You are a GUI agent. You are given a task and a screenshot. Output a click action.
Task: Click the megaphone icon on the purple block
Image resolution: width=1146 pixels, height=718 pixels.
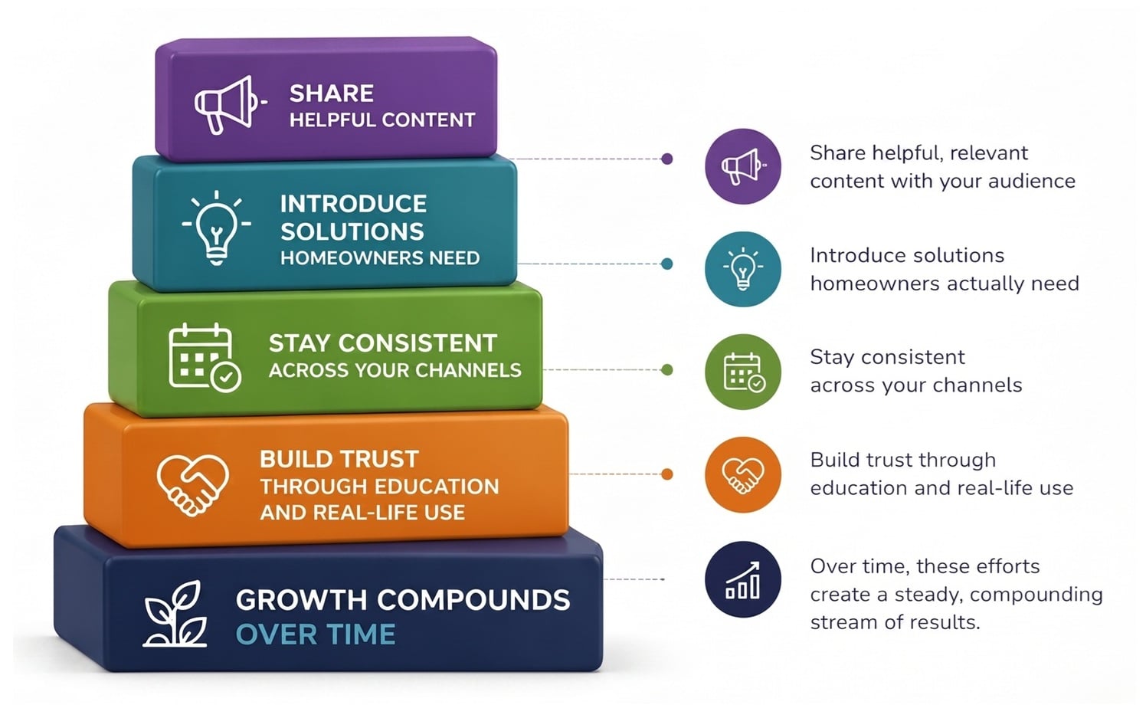(227, 104)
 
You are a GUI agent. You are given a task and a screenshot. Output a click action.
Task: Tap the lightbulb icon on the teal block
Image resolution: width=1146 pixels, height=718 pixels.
(216, 227)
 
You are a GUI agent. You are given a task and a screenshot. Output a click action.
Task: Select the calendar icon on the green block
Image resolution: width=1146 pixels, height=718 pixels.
(203, 357)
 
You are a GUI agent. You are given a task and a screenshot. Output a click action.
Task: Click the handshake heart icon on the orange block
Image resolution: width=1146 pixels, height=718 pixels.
(192, 484)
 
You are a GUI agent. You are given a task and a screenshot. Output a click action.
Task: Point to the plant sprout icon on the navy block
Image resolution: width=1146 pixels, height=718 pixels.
(176, 615)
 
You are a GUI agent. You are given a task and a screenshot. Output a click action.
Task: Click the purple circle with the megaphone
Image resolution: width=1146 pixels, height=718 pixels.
(742, 166)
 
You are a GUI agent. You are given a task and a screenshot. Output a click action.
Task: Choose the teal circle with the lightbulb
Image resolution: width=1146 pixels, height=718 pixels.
(742, 269)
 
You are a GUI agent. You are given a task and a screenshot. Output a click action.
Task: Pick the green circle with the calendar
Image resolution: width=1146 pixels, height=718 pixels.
(742, 372)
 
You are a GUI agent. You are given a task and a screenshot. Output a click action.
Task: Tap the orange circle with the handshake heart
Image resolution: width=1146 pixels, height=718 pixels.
(742, 474)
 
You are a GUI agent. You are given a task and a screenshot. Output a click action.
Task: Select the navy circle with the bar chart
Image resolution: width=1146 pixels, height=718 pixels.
(742, 579)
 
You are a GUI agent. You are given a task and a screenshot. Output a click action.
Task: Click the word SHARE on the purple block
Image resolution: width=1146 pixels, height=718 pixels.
(331, 93)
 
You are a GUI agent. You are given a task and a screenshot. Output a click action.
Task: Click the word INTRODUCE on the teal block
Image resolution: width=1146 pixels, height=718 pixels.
(353, 204)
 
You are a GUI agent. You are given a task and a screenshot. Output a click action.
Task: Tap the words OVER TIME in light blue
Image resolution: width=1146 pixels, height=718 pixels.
(316, 634)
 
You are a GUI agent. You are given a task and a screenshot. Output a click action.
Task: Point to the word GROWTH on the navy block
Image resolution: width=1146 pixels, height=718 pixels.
(300, 600)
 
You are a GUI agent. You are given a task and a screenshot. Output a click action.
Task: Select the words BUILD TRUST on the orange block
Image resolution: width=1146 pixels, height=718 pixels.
(339, 459)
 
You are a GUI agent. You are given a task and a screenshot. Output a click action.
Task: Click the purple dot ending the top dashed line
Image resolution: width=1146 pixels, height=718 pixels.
(667, 159)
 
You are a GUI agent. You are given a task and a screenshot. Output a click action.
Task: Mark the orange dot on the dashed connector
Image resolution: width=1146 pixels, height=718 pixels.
(667, 474)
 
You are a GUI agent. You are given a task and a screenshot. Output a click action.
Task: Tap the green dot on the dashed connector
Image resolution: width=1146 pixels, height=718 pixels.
(667, 370)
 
